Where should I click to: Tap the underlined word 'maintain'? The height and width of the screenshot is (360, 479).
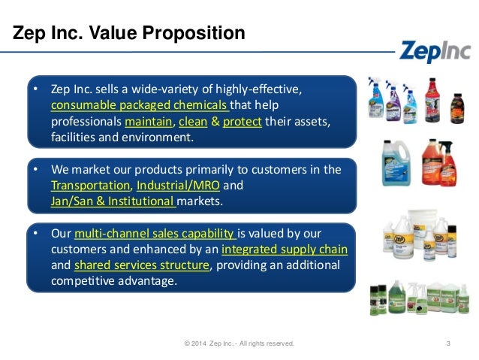(149, 121)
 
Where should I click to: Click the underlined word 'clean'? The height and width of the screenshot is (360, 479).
(193, 121)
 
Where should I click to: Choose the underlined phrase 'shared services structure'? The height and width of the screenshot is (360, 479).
(141, 265)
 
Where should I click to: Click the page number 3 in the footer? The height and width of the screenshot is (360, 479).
(447, 343)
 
